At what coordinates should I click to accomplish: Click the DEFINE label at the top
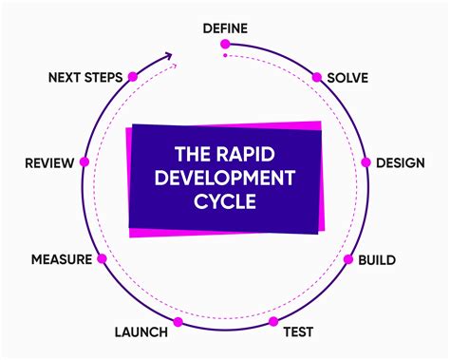point(225,28)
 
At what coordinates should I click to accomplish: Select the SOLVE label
point(347,77)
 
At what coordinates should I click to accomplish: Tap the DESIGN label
point(400,162)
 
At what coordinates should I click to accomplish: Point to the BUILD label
point(376,258)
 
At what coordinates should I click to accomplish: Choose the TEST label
point(299,332)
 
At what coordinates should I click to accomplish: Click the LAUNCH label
point(141,332)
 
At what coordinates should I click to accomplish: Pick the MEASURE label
point(62,258)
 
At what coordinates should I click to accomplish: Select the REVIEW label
point(49,162)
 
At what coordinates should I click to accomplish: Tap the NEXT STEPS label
point(84,77)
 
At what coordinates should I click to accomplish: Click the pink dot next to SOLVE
point(317,76)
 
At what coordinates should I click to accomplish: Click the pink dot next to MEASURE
point(102,258)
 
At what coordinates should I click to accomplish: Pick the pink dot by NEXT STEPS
point(132,76)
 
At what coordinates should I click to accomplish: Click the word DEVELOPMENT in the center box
point(225,178)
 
